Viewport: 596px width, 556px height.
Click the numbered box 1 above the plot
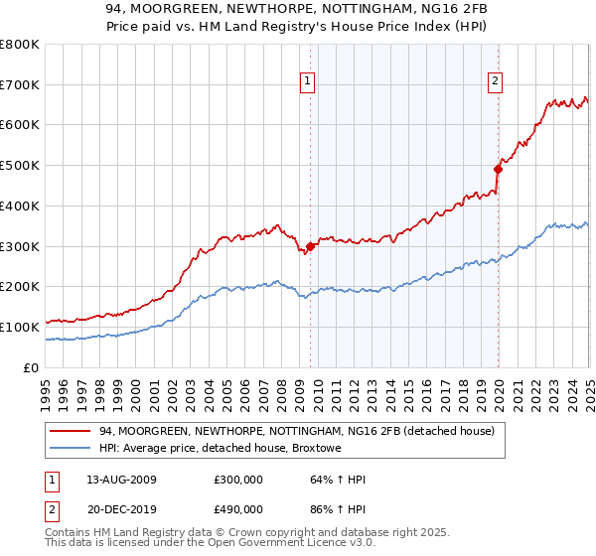click(308, 82)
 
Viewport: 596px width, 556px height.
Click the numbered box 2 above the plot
click(495, 82)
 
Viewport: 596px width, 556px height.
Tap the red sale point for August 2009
click(310, 246)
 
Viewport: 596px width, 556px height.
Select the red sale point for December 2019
click(498, 169)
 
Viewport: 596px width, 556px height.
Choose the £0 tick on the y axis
click(32, 367)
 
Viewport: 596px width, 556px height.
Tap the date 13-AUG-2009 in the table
click(122, 480)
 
